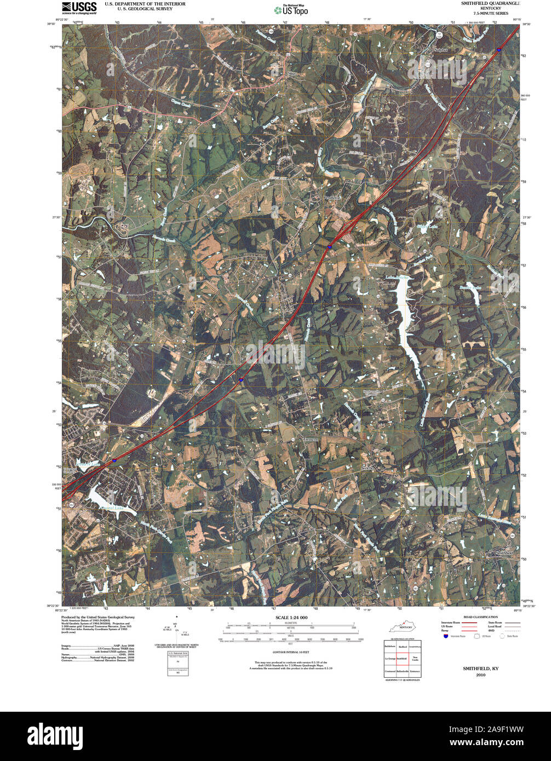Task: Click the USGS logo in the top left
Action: (x=79, y=8)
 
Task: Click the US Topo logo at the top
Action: (x=291, y=9)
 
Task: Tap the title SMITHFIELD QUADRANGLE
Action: (x=490, y=3)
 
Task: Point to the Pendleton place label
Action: (x=332, y=197)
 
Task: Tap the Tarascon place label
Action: (x=311, y=440)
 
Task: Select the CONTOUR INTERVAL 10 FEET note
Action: (x=290, y=652)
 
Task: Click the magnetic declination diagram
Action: (x=176, y=631)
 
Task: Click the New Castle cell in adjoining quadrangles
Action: (x=415, y=658)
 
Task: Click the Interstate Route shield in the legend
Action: (x=446, y=636)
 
